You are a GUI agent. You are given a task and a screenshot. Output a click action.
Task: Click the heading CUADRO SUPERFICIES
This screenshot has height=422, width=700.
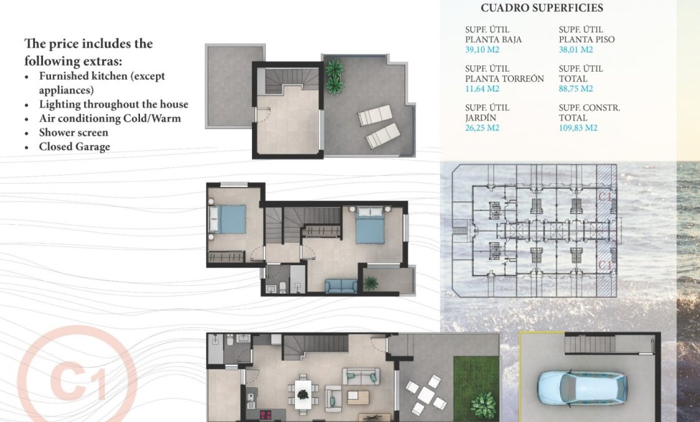[541, 8]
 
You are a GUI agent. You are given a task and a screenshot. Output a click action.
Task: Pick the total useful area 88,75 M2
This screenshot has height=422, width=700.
[576, 89]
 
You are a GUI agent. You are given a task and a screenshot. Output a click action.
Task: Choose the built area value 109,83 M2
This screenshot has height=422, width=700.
[578, 128]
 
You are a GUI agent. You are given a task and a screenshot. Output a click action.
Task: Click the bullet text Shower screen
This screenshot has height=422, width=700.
[73, 133]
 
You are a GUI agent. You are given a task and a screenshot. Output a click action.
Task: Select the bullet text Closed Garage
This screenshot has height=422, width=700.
[74, 147]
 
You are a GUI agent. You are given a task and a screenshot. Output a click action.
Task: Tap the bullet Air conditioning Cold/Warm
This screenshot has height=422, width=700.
[110, 118]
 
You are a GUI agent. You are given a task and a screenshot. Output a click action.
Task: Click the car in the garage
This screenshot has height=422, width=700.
[582, 387]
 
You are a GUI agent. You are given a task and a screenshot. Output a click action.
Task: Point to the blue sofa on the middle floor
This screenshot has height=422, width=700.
[342, 286]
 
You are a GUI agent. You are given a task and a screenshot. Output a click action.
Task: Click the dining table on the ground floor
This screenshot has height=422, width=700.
[303, 395]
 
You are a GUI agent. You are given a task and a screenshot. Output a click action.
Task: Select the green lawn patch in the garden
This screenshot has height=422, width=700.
[476, 386]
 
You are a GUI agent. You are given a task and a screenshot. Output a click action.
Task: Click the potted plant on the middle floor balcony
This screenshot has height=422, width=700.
[371, 283]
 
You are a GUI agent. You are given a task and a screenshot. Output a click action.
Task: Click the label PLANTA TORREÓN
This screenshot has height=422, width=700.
[504, 78]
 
